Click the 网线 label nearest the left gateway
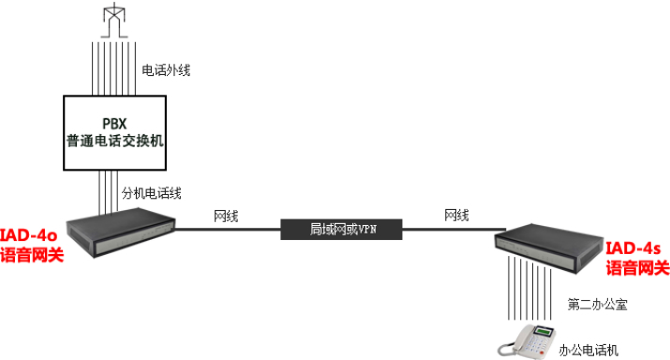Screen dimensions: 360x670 tap(226, 216)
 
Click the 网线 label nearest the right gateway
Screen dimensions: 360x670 tap(456, 216)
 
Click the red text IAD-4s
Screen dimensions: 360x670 tap(633, 248)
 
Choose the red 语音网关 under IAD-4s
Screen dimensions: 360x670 tap(637, 269)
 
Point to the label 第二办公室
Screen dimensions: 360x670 tap(597, 304)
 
